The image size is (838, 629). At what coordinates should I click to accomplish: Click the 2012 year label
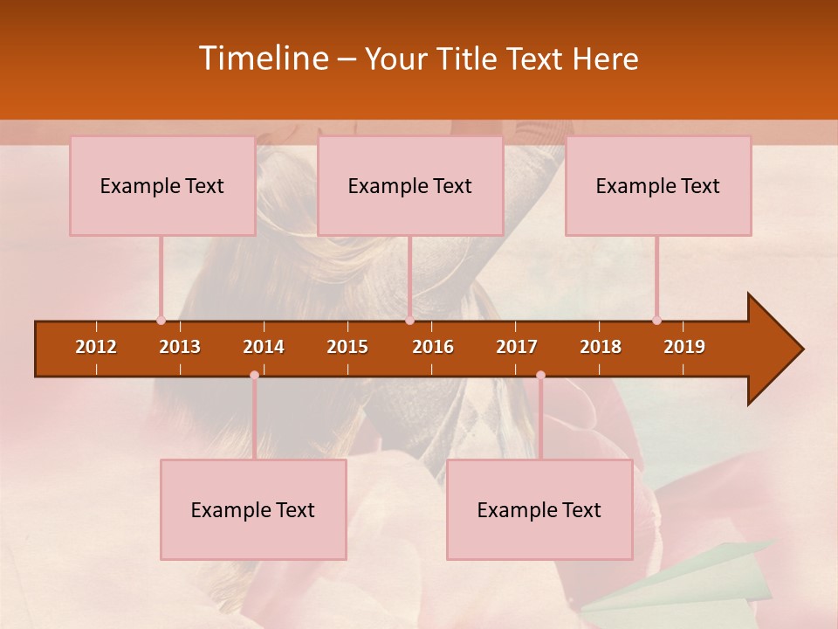tap(96, 347)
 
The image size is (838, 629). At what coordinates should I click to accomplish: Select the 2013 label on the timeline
tap(180, 347)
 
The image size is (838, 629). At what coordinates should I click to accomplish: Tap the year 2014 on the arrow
tap(264, 347)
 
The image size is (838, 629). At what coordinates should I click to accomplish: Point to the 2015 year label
tap(347, 347)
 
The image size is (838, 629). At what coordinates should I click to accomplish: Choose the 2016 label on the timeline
tap(433, 347)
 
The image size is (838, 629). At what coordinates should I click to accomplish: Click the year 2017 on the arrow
tap(517, 347)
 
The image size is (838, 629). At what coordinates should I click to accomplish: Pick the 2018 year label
tap(601, 347)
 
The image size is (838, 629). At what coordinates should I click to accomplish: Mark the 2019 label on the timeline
tap(684, 347)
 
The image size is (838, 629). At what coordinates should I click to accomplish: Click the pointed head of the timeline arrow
tap(776, 349)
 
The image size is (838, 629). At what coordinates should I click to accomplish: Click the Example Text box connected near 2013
tap(162, 185)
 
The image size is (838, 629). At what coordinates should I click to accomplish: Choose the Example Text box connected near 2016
tap(410, 185)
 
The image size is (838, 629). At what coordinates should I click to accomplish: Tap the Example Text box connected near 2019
tap(658, 185)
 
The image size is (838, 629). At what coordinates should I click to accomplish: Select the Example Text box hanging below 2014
tap(253, 509)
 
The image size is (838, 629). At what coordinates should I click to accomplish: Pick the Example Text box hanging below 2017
tap(539, 509)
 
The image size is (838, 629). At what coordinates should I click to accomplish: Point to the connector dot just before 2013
tap(161, 321)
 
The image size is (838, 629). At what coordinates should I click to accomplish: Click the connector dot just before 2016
tap(409, 321)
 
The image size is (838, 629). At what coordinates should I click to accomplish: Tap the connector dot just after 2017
tap(540, 376)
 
